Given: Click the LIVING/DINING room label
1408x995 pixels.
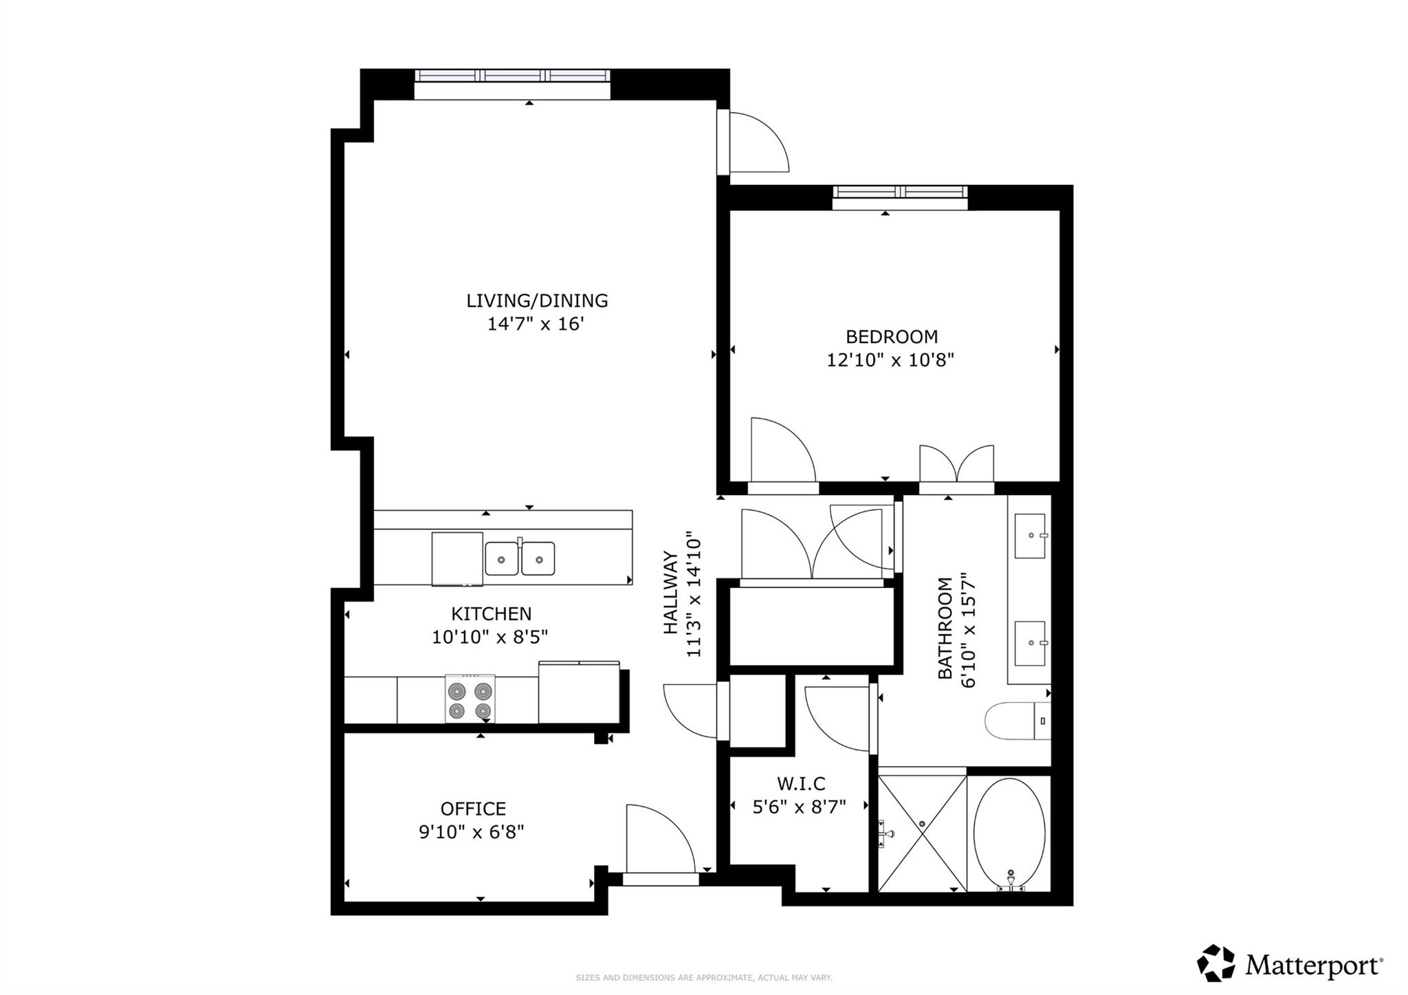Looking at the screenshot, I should [537, 300].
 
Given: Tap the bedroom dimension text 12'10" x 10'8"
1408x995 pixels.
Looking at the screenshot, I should [890, 360].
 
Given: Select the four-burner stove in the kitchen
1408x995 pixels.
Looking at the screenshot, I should [470, 699].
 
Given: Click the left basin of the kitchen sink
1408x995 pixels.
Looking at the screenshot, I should [502, 558].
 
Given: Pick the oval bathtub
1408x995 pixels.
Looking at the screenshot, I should [1009, 833].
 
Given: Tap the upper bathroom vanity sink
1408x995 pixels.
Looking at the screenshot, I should [1030, 536].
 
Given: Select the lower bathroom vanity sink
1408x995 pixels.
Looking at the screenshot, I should [1031, 643].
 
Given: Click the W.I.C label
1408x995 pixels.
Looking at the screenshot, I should [801, 783].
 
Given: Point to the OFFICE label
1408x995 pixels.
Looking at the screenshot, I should [473, 809].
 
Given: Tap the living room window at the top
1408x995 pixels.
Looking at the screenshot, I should [512, 76].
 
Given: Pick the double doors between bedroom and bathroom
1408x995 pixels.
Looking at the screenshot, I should [957, 466].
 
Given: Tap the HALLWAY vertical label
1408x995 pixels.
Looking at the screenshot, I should [670, 593].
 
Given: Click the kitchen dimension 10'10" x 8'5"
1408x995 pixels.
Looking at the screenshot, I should [489, 637].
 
